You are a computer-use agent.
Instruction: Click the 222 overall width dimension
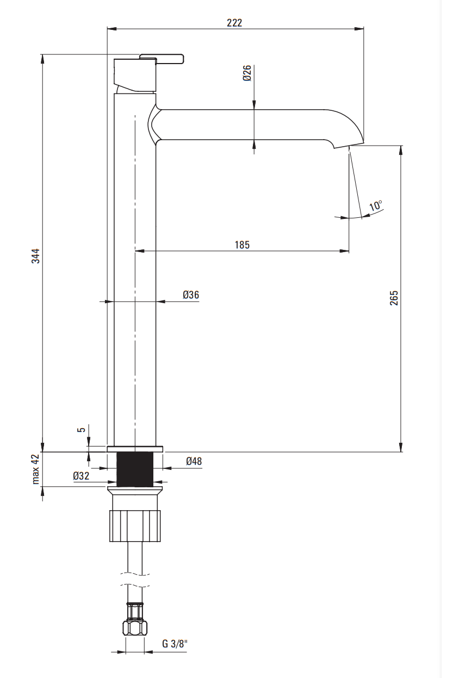pos(234,23)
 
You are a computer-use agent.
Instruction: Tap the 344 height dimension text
pos(36,256)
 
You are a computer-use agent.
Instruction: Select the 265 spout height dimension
pos(394,298)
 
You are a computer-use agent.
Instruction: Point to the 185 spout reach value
pos(242,244)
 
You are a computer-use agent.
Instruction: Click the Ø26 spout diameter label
pos(247,73)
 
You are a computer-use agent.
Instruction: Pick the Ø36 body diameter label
pos(191,294)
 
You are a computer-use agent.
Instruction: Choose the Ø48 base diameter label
pos(194,461)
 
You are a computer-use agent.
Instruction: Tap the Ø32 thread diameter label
pos(81,476)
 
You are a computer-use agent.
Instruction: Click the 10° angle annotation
pos(376,205)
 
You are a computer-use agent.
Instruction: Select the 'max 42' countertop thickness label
pos(36,469)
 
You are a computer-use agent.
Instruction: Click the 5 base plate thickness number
pos(82,430)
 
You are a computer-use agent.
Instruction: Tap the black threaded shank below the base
pos(135,469)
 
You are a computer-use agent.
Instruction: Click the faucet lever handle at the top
pos(161,59)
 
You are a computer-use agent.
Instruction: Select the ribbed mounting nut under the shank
pos(135,526)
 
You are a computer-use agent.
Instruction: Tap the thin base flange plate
pos(135,449)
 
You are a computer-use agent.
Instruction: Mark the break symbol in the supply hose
pos(135,579)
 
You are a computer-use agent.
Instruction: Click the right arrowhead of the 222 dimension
pos(359,29)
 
